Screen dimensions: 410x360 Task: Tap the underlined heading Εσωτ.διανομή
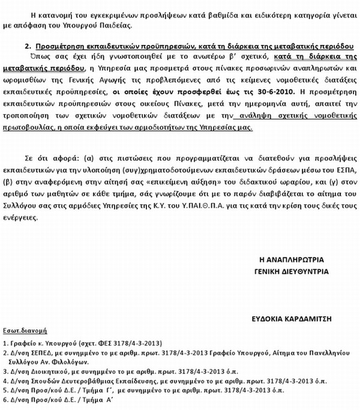(x=29, y=330)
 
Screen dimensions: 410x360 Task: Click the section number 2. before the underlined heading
(x=28, y=45)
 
